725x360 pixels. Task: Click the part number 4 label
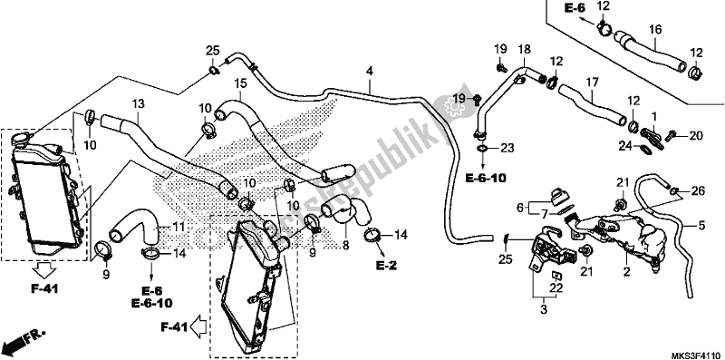[x=370, y=70]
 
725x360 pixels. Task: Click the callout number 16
[x=653, y=30]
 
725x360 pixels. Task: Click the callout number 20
[x=696, y=136]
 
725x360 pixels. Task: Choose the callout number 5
[x=700, y=225]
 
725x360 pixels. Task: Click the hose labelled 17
[x=589, y=102]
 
